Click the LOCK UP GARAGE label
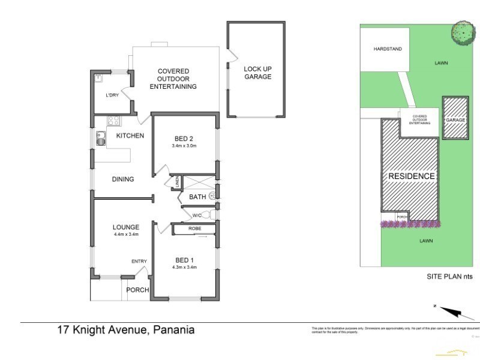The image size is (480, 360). click(257, 73)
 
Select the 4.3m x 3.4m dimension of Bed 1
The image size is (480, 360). click(184, 267)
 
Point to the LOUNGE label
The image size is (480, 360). click(126, 227)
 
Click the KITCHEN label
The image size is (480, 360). click(130, 136)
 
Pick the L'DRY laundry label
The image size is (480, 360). click(112, 95)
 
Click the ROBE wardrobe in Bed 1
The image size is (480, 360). click(194, 229)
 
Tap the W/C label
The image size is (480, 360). click(196, 215)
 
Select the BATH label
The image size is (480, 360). click(197, 197)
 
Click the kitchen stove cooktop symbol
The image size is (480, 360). click(113, 121)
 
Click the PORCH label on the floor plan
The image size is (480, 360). click(137, 290)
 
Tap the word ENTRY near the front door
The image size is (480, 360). click(139, 261)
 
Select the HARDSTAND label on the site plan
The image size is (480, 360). click(388, 49)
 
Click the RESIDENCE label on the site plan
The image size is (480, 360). click(411, 176)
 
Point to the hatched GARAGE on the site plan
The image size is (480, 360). click(455, 119)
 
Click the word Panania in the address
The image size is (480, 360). click(174, 329)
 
